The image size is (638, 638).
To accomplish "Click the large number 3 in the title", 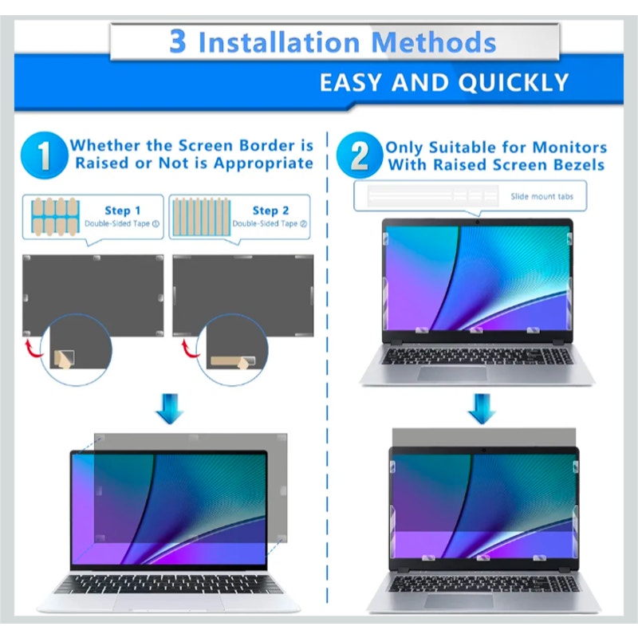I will coord(177,41).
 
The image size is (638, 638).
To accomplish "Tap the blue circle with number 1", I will coord(42,156).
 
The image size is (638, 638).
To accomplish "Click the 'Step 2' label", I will coord(270,211).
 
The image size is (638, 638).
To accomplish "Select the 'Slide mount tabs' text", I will coord(542,195).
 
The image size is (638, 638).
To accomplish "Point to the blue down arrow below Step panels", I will coord(169,408).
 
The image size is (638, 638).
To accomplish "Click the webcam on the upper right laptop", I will coord(476,223).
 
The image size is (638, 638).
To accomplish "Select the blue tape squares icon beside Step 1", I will coord(53,216).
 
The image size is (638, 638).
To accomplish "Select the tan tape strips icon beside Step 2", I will coord(200,216).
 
